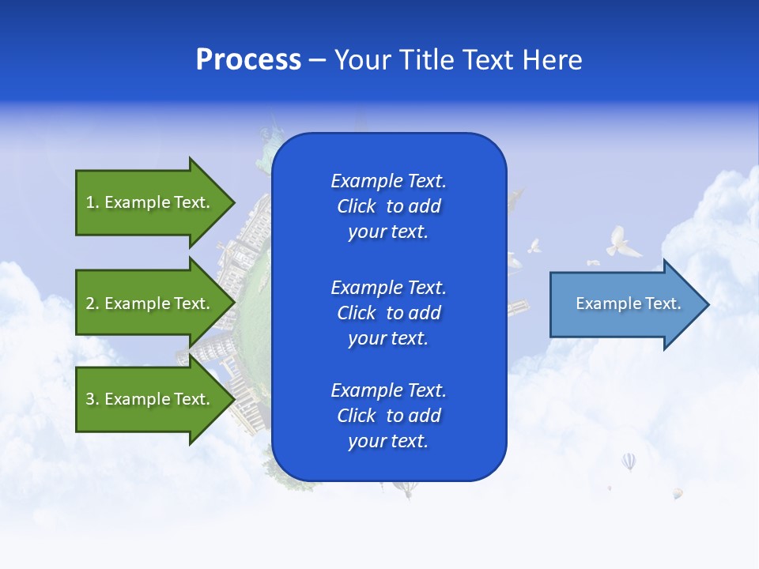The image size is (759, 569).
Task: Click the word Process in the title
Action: click(248, 60)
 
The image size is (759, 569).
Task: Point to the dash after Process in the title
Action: click(315, 61)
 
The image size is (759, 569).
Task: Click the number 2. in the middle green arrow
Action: click(93, 303)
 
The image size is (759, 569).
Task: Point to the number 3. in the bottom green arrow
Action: click(93, 399)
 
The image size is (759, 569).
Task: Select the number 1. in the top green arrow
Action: click(93, 202)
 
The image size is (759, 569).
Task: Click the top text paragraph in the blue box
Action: click(388, 206)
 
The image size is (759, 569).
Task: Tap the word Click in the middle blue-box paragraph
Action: click(357, 313)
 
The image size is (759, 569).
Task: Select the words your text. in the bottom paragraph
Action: click(388, 441)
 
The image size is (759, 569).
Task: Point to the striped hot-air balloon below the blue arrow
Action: click(629, 461)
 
